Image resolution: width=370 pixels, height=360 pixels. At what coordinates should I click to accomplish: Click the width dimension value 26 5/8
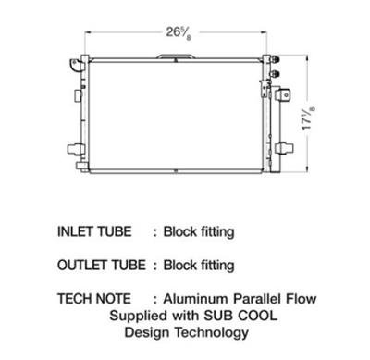179,33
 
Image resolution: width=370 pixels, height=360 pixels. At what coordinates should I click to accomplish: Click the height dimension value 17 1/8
308,118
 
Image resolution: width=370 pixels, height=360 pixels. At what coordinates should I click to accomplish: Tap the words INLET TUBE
94,231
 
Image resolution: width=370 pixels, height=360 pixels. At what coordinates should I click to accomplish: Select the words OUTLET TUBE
102,265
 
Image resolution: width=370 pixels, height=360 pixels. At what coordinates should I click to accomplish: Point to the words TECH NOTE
94,299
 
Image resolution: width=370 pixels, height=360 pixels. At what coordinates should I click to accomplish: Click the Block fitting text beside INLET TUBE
199,232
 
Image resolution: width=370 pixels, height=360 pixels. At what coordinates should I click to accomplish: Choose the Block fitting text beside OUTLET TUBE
199,266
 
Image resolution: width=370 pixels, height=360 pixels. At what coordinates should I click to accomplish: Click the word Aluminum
196,299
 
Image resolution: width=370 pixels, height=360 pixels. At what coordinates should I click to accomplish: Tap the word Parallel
257,299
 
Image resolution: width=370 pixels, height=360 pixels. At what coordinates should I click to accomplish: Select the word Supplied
139,316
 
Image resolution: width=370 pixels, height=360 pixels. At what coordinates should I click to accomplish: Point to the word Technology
212,332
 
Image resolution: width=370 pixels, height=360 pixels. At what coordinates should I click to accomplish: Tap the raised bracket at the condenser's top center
176,56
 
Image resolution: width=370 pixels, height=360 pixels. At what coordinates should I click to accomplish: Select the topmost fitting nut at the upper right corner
275,59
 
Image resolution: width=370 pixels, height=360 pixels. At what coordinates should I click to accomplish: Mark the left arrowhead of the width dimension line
87,32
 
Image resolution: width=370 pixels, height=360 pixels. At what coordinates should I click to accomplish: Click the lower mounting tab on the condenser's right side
284,148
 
